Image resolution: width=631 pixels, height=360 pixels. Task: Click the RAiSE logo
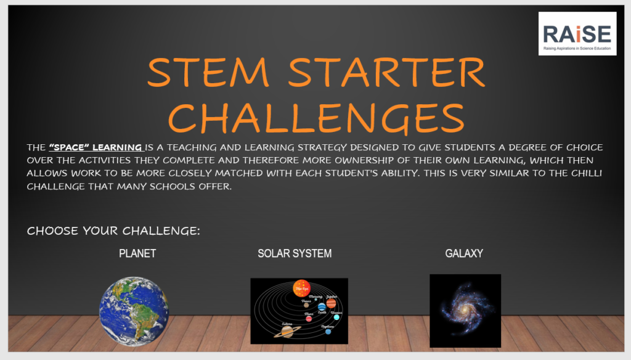[x=577, y=33]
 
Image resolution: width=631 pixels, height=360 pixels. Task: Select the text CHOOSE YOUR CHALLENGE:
[x=114, y=231]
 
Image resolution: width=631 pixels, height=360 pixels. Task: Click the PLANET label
[x=137, y=253]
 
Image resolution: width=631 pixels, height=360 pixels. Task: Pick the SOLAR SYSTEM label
[x=295, y=253]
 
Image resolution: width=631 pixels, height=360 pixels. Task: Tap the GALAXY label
[x=464, y=253]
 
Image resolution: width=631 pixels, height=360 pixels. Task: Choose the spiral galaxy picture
[x=465, y=310]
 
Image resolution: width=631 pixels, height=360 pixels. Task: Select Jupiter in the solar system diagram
[x=331, y=304]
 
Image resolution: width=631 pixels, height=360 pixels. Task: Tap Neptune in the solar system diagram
[x=328, y=332]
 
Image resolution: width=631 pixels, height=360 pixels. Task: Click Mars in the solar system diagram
[x=309, y=319]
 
